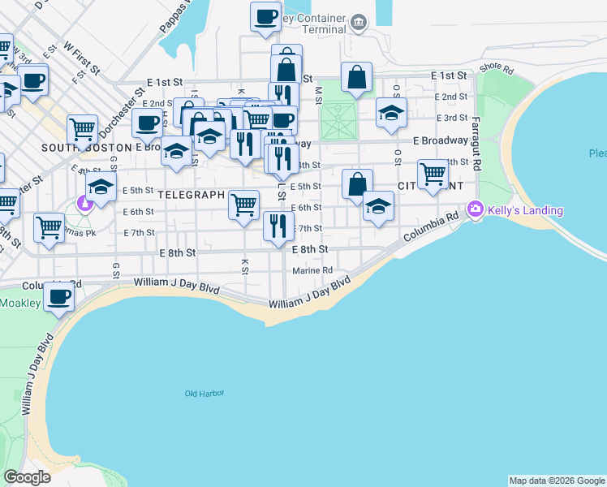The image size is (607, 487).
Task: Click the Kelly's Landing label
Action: click(525, 211)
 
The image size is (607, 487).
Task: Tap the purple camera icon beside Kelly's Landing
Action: click(475, 209)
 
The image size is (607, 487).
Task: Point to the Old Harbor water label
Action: click(204, 394)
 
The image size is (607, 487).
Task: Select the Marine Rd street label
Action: click(312, 270)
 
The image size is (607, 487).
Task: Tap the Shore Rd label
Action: click(497, 70)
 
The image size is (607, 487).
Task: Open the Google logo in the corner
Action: click(27, 477)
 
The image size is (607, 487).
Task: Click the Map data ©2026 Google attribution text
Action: click(557, 481)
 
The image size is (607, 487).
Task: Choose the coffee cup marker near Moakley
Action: click(58, 296)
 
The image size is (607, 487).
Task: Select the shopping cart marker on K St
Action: click(243, 204)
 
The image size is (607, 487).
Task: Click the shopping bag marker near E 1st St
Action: click(356, 77)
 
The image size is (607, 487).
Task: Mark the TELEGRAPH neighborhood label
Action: click(191, 195)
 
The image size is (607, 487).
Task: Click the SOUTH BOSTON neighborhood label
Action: click(86, 148)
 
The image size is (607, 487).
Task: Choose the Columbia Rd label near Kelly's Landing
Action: click(430, 227)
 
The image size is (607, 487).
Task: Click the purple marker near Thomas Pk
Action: click(84, 202)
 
